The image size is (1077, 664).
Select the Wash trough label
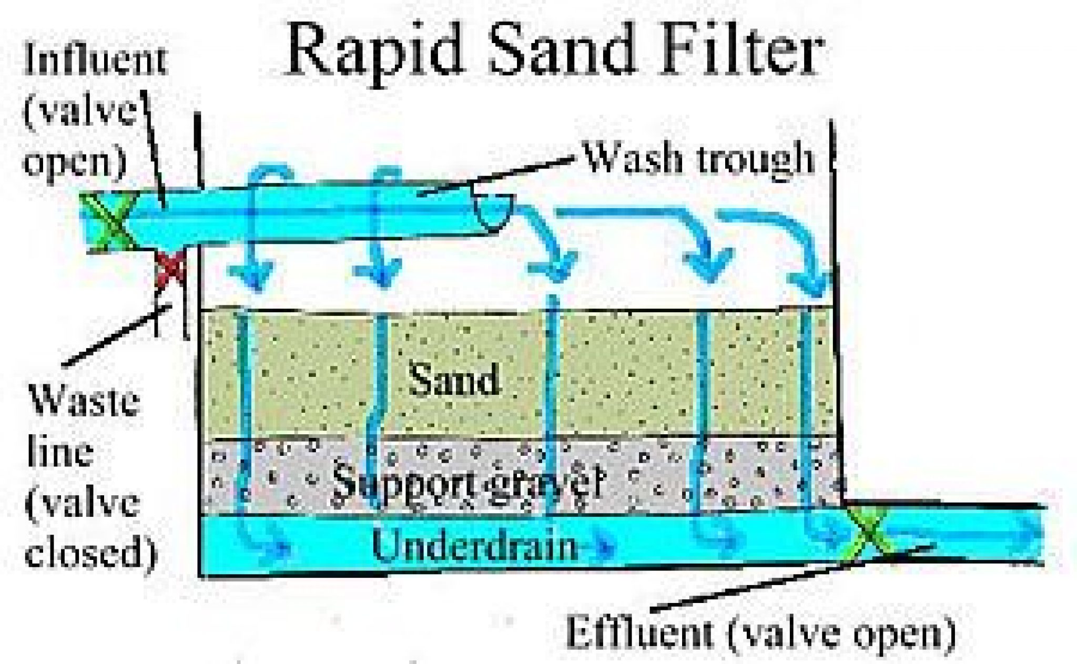click(x=700, y=157)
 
